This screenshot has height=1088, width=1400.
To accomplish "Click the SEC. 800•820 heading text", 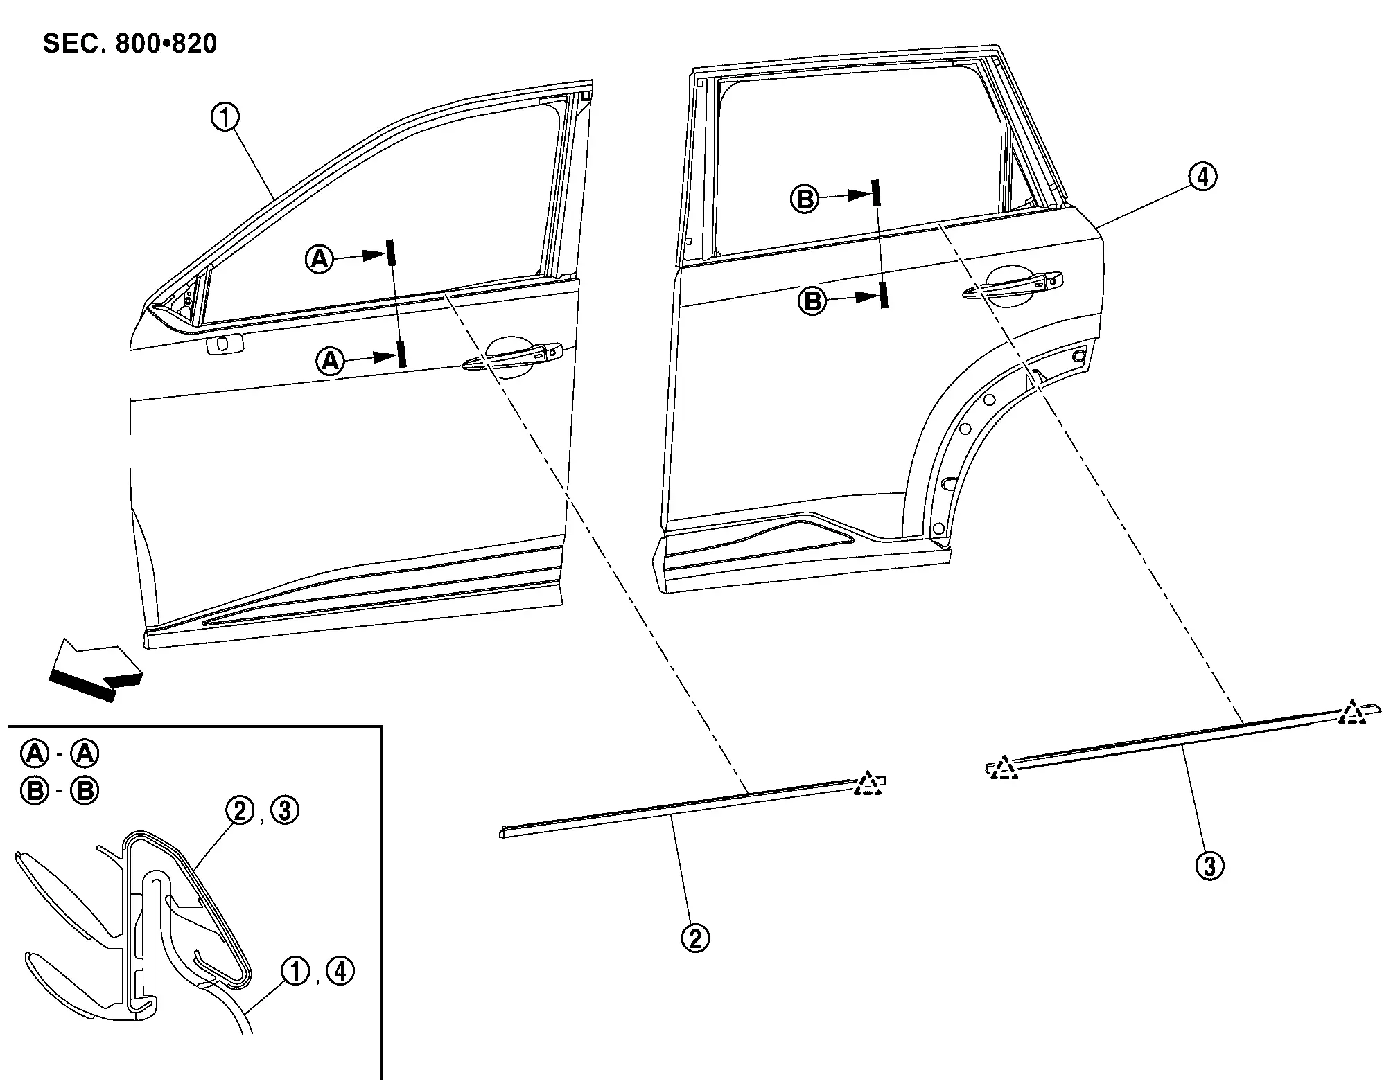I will pos(130,44).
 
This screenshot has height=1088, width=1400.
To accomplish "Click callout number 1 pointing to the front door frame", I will pos(225,118).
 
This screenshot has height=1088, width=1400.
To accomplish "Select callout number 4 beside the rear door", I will pos(1202,177).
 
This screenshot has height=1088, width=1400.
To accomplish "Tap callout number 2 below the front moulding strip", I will pos(695,938).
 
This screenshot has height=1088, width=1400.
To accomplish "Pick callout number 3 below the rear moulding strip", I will pos(1209,866).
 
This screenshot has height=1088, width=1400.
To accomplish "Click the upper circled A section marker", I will pos(320,259).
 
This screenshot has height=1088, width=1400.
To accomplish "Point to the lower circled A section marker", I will pos(330,361).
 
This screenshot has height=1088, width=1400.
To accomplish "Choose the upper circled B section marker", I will pos(804,199).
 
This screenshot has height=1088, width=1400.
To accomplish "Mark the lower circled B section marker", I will pos(812,301).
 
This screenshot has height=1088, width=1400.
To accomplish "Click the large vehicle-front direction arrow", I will pos(96,669).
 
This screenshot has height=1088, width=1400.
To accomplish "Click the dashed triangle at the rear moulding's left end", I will pos(1003,768).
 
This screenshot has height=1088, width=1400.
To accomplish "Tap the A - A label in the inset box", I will pos(60,753).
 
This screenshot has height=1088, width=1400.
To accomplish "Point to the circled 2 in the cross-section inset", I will pos(240,810).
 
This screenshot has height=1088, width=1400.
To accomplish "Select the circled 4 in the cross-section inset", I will pos(340,971).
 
